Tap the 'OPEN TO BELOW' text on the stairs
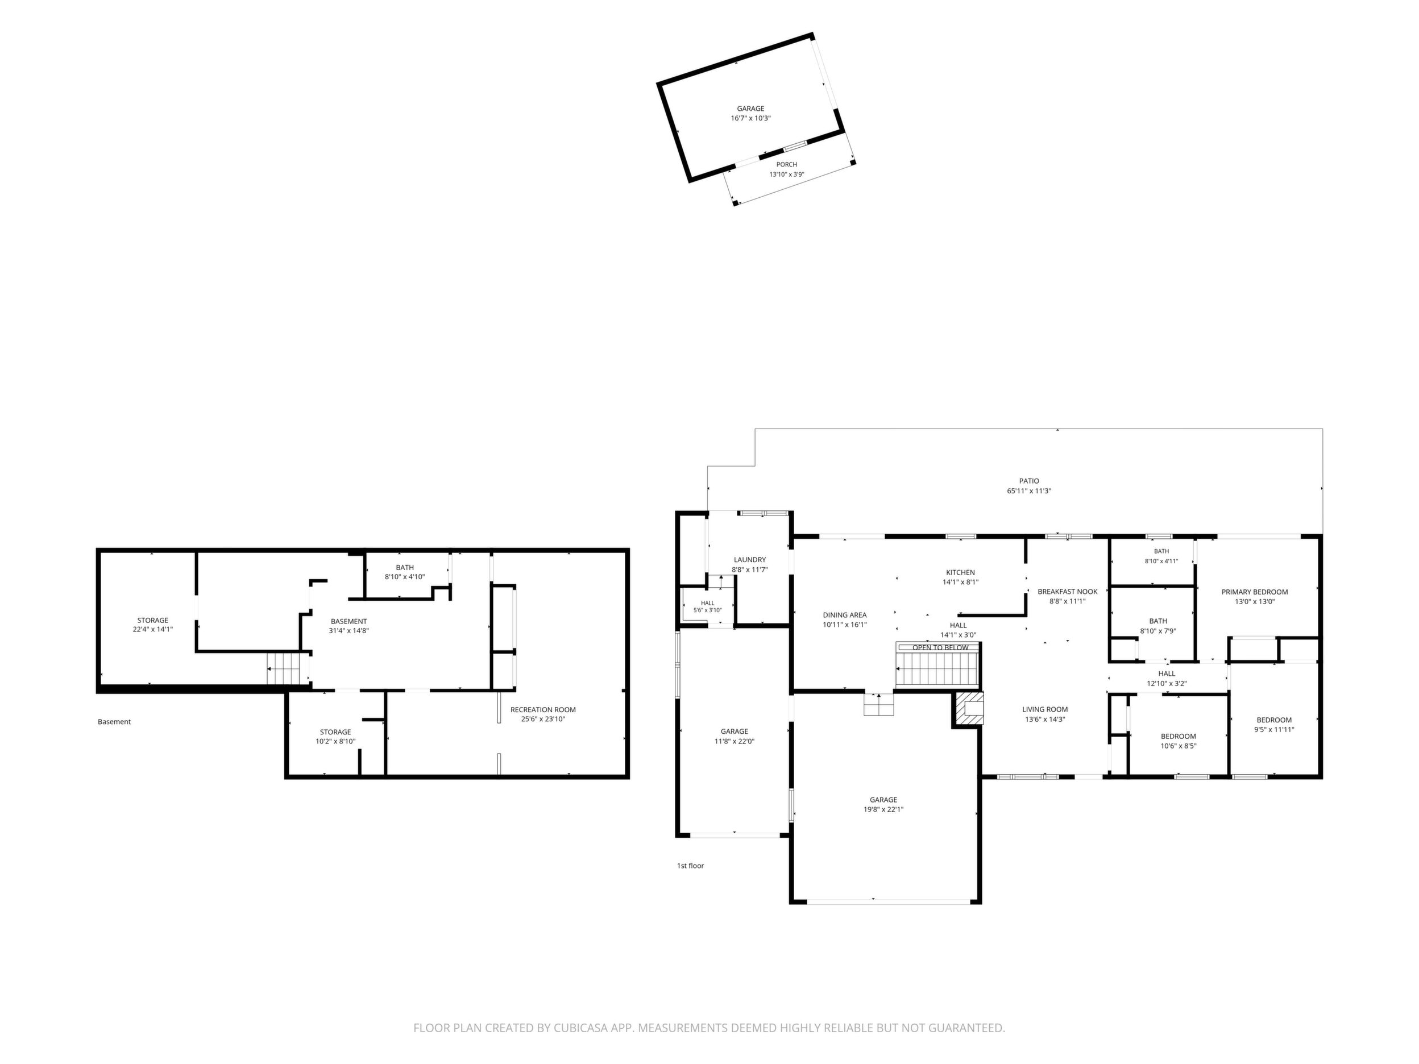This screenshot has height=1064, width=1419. tap(940, 648)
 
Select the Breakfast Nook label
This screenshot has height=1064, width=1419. tap(1068, 591)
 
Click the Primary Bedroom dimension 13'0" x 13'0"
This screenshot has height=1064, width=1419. tap(1254, 601)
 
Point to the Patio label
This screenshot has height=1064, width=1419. tap(1029, 481)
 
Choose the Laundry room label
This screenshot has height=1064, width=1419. tap(750, 560)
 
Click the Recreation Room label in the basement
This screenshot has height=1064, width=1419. tap(543, 709)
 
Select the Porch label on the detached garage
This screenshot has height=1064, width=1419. tap(786, 165)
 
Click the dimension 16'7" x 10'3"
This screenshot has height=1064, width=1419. tap(750, 119)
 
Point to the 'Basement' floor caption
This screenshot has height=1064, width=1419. tap(114, 721)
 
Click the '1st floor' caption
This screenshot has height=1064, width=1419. tap(690, 866)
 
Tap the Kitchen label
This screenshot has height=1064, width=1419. tap(960, 573)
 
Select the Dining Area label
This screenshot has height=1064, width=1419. tap(845, 615)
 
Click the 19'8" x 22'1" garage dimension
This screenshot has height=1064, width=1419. tap(883, 809)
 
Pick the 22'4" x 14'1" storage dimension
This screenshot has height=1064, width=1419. tap(153, 630)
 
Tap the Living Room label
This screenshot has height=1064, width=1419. tap(1045, 709)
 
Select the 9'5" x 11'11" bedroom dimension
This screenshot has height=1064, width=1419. tap(1274, 730)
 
